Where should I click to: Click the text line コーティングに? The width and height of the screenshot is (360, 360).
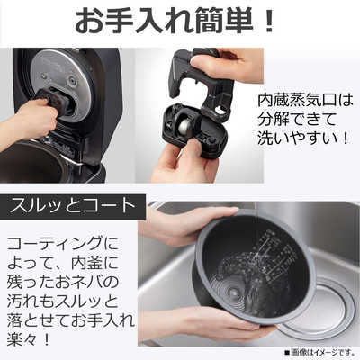point(63,245)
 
